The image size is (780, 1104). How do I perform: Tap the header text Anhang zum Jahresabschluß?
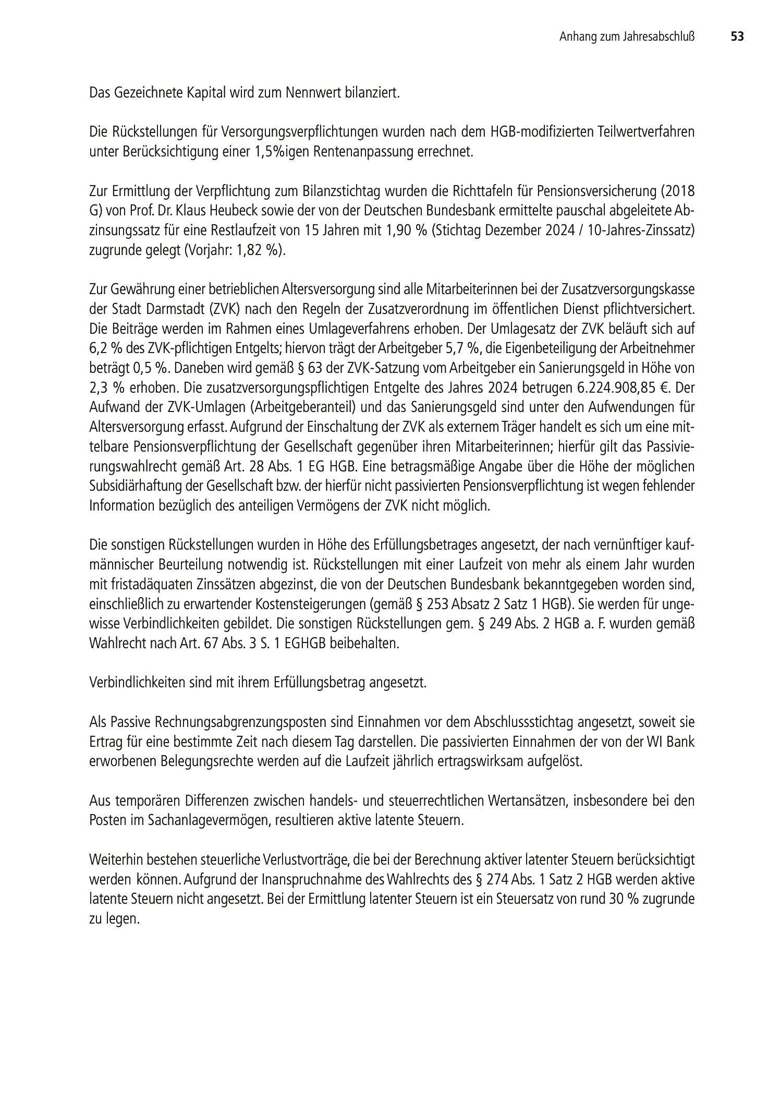(628, 37)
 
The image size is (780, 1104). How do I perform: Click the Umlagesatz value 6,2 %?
(103, 348)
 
